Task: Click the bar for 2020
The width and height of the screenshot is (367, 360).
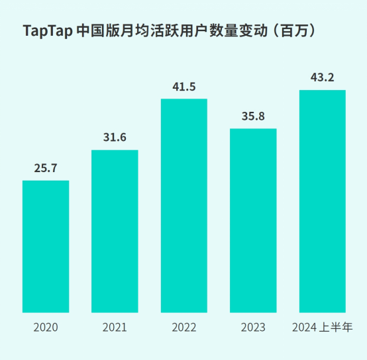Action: [x=46, y=246]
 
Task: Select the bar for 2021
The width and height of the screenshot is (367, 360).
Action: [x=115, y=231]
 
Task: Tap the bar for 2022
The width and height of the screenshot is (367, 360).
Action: [x=184, y=205]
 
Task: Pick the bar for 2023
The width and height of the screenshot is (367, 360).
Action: [x=253, y=220]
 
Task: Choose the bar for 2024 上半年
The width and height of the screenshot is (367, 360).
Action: [x=323, y=201]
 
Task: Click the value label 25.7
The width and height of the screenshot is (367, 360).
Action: [x=46, y=168]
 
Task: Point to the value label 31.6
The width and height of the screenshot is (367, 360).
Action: [x=115, y=138]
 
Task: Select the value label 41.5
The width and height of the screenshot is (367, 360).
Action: [x=184, y=86]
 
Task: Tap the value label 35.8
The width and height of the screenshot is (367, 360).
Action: [x=253, y=116]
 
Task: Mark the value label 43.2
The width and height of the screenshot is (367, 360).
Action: [x=323, y=77]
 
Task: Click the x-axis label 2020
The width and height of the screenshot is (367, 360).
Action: [x=46, y=328]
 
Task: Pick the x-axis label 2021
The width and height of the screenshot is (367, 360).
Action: [x=115, y=328]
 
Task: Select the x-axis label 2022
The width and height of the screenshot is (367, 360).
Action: [x=184, y=328]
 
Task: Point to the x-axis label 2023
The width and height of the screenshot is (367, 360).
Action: [x=253, y=328]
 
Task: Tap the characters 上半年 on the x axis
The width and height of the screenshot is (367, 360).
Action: [x=336, y=328]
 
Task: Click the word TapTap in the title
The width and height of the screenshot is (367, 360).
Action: [x=47, y=31]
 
